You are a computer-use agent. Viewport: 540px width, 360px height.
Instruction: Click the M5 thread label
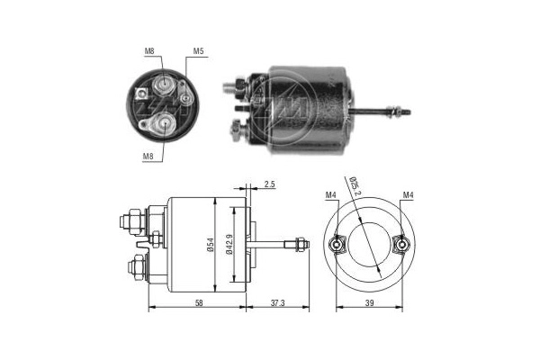click(197, 51)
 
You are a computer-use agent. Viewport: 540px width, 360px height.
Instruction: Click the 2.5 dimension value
click(270, 184)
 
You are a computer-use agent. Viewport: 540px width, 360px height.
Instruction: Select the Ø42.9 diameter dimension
click(231, 243)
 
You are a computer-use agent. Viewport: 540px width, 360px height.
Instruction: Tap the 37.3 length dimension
click(275, 304)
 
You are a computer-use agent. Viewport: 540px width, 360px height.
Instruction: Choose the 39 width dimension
click(371, 304)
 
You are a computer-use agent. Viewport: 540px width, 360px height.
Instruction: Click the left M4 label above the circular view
click(330, 195)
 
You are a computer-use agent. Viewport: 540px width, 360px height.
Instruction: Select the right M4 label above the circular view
click(408, 195)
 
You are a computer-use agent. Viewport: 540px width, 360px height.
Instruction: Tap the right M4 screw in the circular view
click(401, 244)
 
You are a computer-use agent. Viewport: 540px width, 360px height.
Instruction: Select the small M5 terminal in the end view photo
click(184, 97)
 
